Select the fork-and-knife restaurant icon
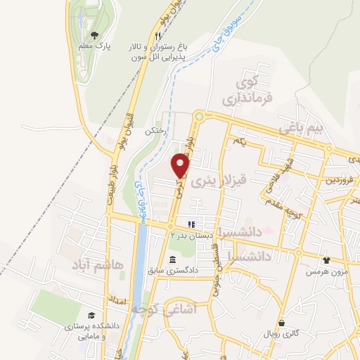[x=159, y=35]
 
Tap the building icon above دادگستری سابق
[x=172, y=261]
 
